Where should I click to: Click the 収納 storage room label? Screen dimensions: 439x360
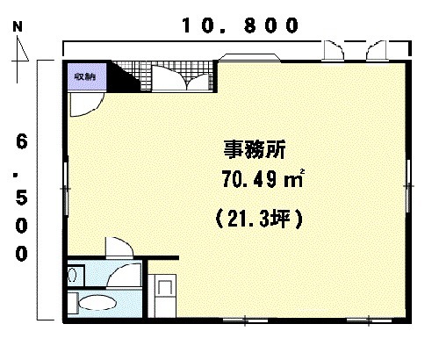[x=85, y=76]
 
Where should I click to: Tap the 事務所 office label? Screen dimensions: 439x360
[x=255, y=149]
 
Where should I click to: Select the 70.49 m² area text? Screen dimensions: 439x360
[x=263, y=178]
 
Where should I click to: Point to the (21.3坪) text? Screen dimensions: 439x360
[x=259, y=219]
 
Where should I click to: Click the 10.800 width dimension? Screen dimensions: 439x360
[x=241, y=25]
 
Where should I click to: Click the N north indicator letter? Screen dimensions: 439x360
[x=18, y=27]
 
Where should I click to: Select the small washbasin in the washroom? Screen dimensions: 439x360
[x=72, y=275]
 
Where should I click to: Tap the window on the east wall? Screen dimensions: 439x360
[x=408, y=185]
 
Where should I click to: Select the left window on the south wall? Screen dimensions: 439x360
[x=245, y=320]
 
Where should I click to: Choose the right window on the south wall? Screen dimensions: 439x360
[x=369, y=320]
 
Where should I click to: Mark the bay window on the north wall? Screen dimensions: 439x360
[x=249, y=58]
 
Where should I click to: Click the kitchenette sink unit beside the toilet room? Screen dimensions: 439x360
[x=162, y=296]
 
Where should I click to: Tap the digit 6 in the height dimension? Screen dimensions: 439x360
[x=22, y=141]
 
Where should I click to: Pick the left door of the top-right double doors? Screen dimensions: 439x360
[x=333, y=50]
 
